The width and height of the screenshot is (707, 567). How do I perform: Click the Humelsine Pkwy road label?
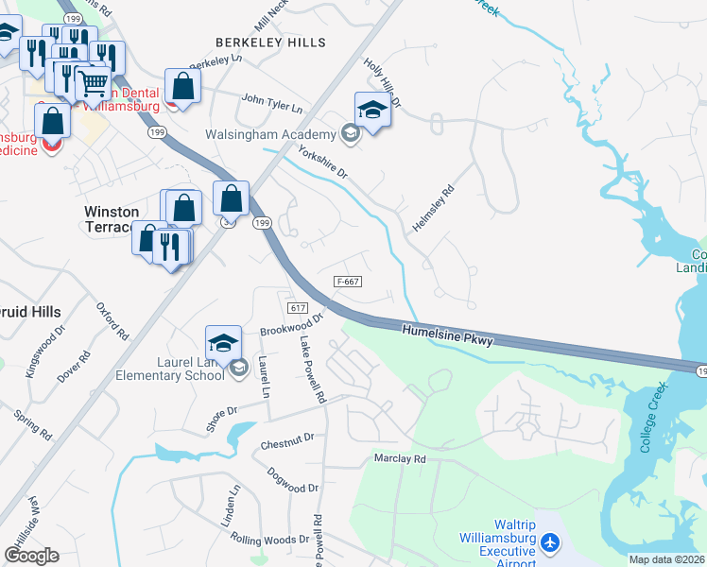(x=447, y=335)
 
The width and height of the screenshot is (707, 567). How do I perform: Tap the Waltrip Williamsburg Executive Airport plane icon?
(x=551, y=542)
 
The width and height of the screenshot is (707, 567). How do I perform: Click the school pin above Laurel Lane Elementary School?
(x=224, y=342)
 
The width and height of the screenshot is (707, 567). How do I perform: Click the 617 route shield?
(x=297, y=308)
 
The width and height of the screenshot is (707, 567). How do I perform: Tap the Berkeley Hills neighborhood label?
(x=270, y=43)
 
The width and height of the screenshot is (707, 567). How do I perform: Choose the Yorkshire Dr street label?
(x=323, y=163)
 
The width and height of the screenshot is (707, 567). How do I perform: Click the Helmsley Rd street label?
(x=433, y=209)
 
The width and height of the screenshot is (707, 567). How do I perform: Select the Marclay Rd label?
(x=399, y=459)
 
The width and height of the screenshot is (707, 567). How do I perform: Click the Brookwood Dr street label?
(x=291, y=325)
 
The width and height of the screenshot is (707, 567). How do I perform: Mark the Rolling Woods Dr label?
(x=269, y=538)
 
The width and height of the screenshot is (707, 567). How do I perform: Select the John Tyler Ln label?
(x=271, y=102)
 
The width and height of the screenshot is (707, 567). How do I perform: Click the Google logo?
(x=31, y=556)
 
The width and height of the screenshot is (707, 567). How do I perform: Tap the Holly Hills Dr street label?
(x=383, y=80)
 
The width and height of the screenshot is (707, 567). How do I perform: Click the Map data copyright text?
(x=666, y=559)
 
